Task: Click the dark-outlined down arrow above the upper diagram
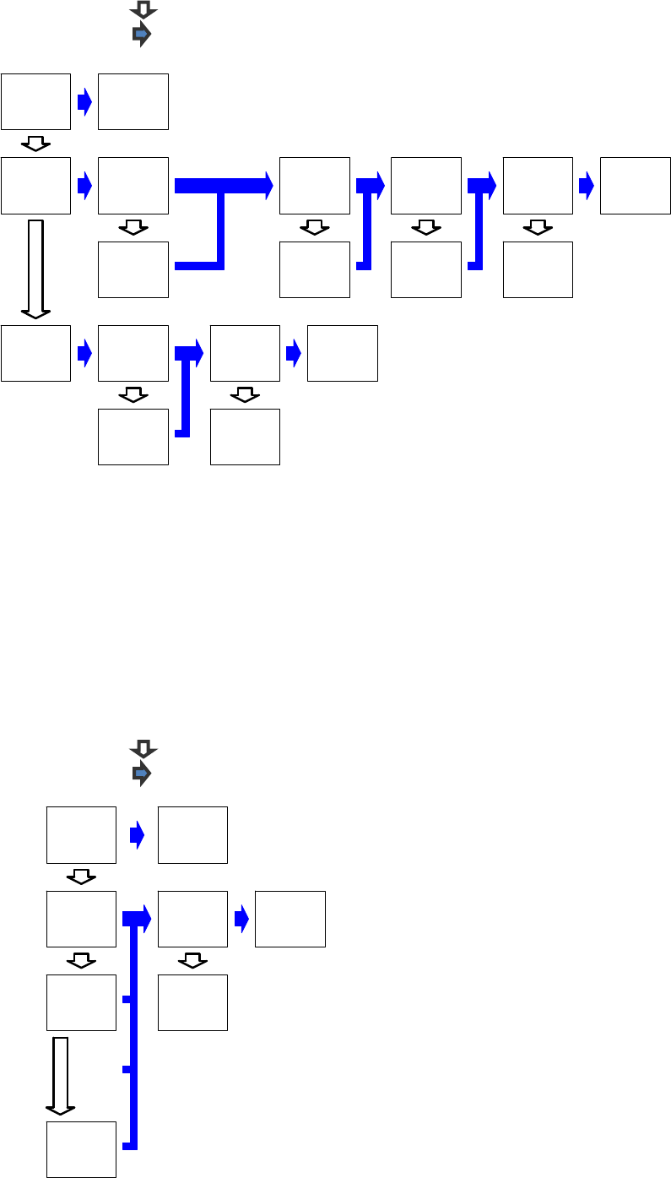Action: click(143, 9)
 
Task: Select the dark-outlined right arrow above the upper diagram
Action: click(142, 34)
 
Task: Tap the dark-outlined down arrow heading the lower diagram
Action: click(143, 749)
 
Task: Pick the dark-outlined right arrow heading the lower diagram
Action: click(142, 773)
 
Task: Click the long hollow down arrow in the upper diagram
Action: click(35, 269)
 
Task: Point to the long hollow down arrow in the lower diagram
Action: click(60, 1075)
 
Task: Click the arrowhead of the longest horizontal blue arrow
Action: click(268, 185)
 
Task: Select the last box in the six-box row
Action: click(635, 185)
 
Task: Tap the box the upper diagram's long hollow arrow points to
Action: click(35, 353)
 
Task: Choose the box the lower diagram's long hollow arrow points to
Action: click(81, 1149)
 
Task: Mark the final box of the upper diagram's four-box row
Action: click(342, 353)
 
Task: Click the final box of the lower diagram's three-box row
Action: click(290, 919)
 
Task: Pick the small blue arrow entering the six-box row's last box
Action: click(586, 185)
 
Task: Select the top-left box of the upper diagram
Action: click(35, 101)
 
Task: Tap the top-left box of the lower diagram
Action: click(81, 834)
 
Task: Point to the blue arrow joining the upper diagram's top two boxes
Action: click(84, 101)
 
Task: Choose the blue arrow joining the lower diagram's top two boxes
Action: click(137, 834)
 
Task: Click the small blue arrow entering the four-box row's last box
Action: click(293, 353)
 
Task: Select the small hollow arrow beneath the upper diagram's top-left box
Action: click(35, 143)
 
